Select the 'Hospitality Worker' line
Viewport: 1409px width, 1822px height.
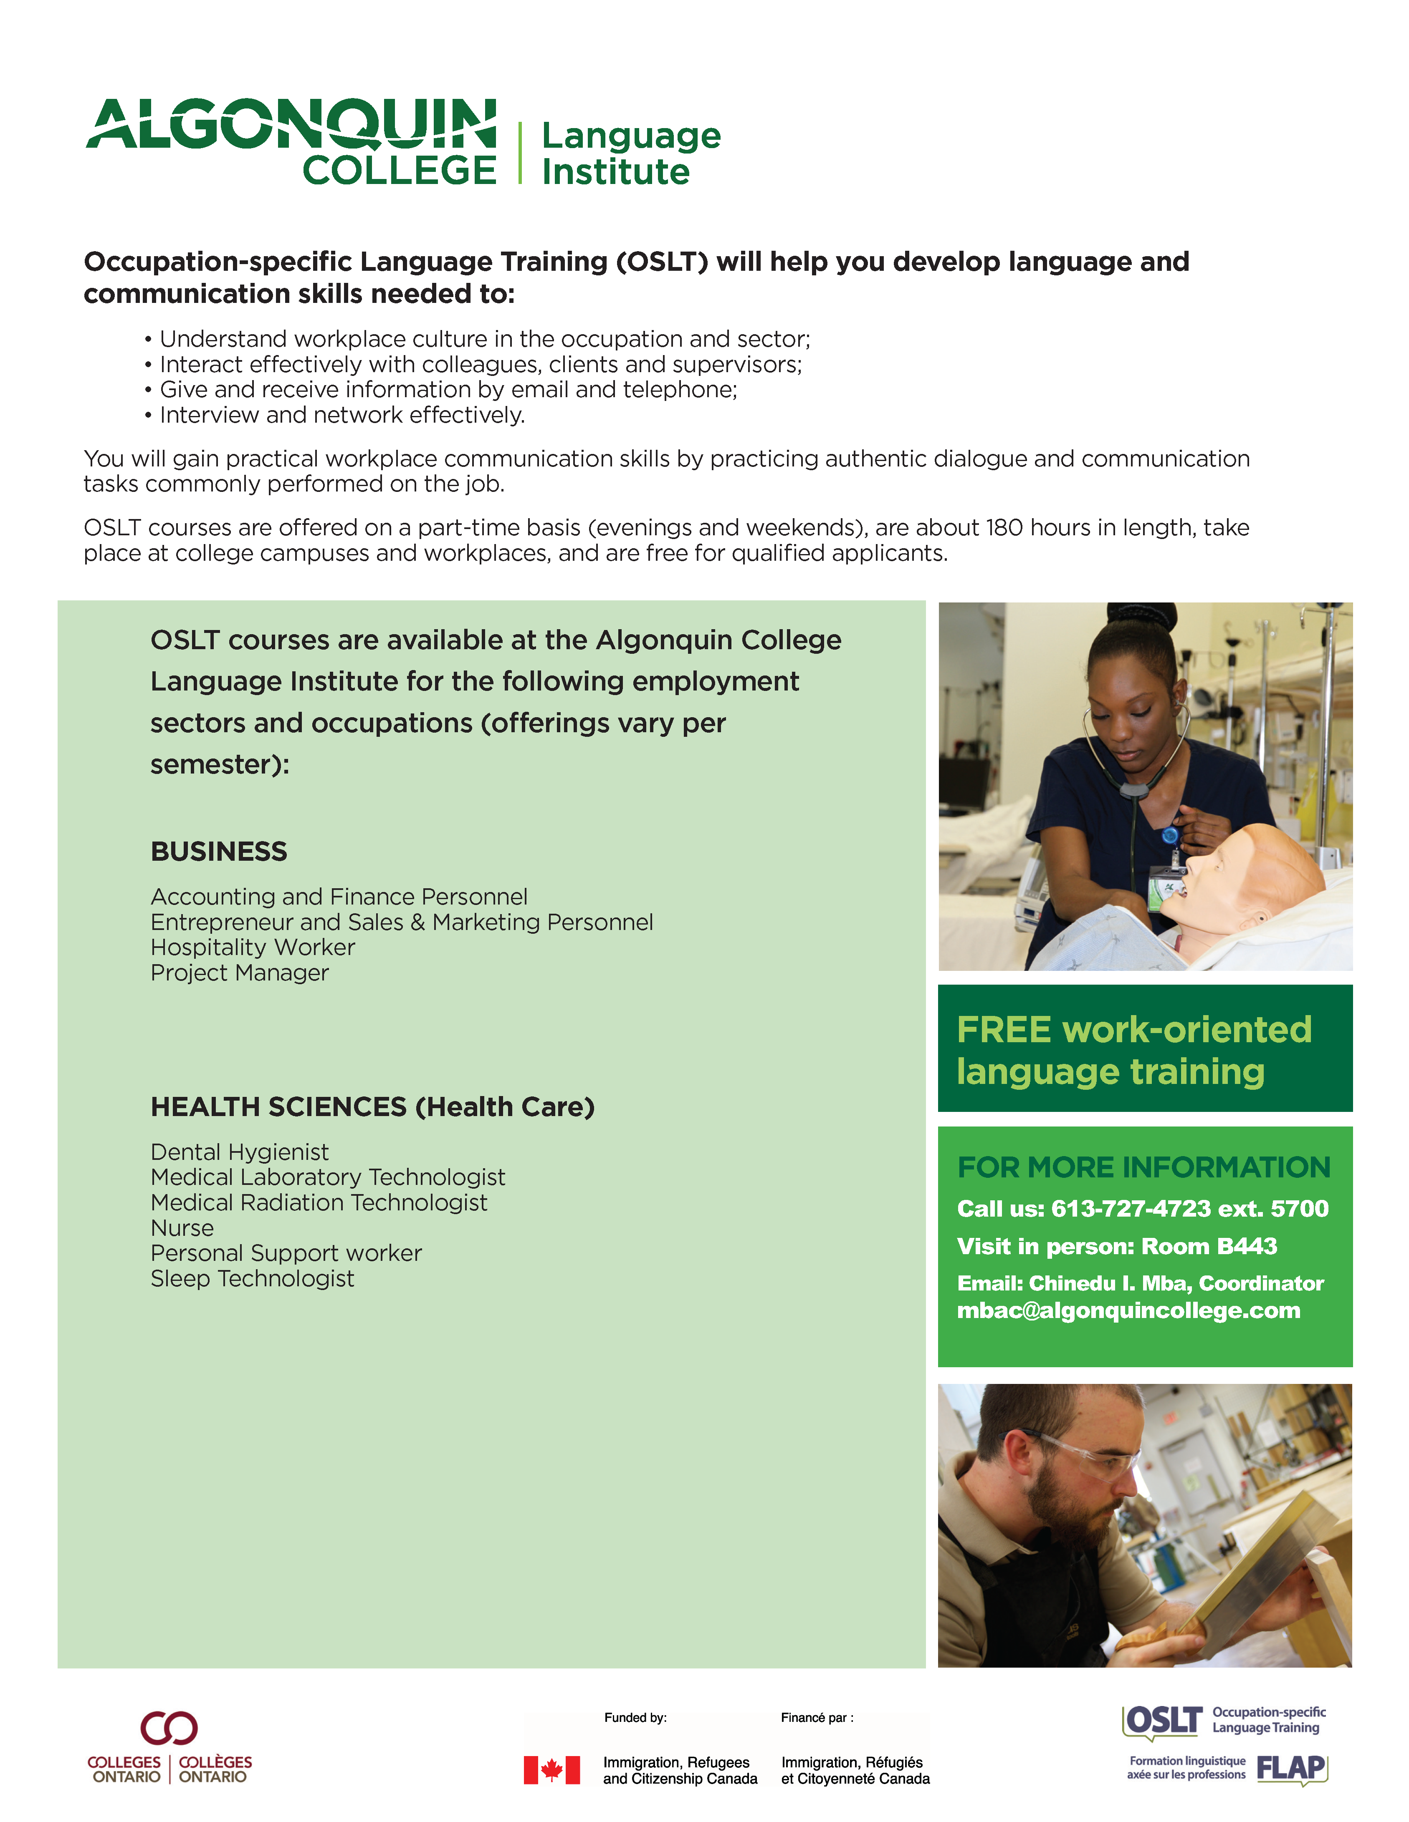click(252, 948)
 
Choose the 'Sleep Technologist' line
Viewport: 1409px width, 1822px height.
click(252, 1279)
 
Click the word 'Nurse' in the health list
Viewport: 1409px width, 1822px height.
click(182, 1228)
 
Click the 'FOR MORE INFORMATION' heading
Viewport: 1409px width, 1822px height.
click(1143, 1167)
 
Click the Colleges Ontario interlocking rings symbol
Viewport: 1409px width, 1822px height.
click(169, 1728)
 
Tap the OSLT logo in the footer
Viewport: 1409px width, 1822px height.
click(1163, 1721)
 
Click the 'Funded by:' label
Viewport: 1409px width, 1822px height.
click(635, 1718)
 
